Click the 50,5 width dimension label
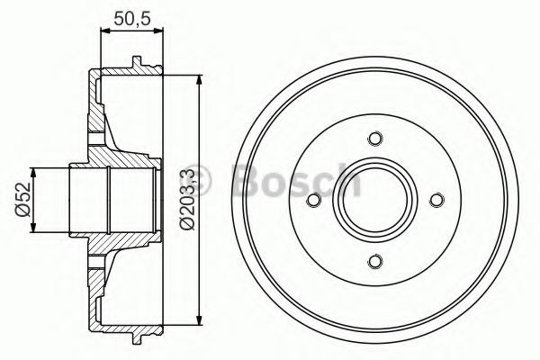(132, 18)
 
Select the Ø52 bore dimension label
(23, 200)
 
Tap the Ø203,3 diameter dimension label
(188, 200)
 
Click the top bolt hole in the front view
(374, 139)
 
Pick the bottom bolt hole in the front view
(374, 261)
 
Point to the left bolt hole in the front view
(313, 200)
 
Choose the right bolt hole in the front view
(436, 200)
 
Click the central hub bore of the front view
(375, 200)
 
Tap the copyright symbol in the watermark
(200, 180)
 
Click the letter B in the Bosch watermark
(247, 179)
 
